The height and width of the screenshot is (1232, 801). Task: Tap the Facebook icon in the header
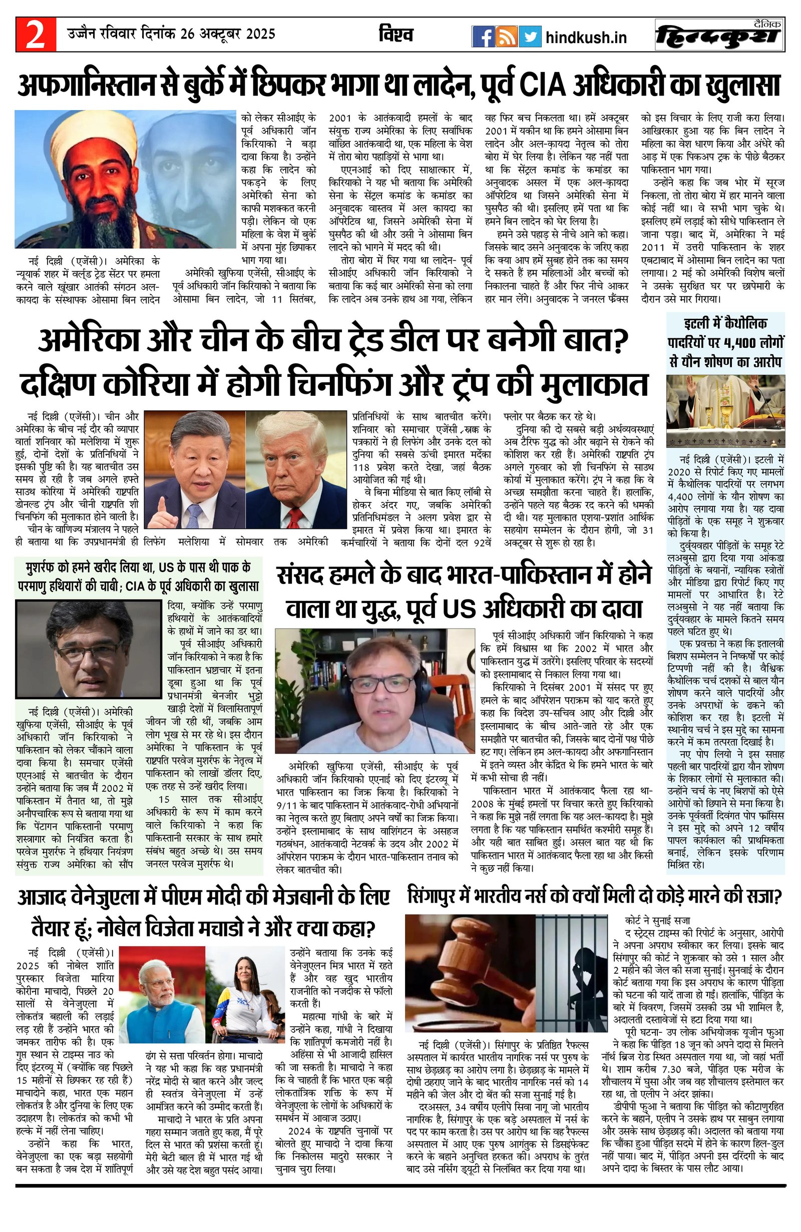483,37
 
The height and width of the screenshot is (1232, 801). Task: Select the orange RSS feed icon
507,37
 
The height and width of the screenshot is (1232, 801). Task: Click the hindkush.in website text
586,37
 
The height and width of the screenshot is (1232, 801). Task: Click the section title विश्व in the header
395,35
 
